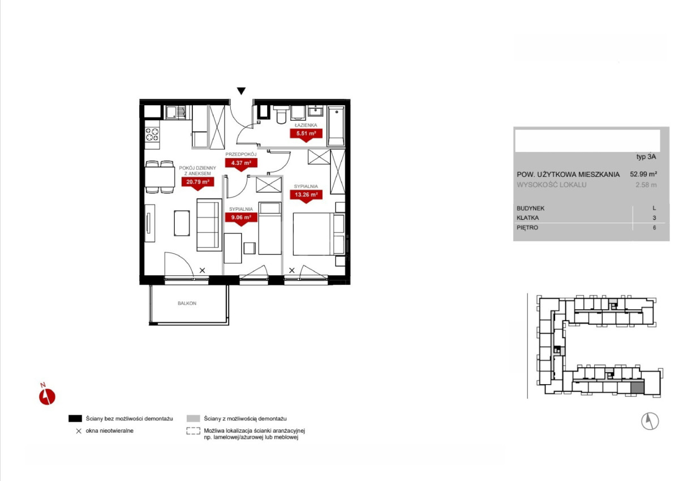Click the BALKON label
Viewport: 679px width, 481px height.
click(x=187, y=303)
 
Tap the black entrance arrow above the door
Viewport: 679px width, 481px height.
click(x=241, y=91)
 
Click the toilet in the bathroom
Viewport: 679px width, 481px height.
click(x=281, y=115)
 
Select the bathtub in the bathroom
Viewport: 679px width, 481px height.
click(x=336, y=126)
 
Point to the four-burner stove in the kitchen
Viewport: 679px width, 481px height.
click(x=152, y=134)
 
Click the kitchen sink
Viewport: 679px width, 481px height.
click(x=175, y=113)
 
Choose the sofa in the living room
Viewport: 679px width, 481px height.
click(x=209, y=225)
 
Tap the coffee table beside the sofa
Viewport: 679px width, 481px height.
click(x=182, y=223)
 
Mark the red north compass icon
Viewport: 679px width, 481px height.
click(x=46, y=395)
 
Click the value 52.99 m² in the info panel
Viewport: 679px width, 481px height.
click(x=643, y=174)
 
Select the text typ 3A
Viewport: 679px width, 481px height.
click(x=646, y=157)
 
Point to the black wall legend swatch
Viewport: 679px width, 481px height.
click(x=75, y=419)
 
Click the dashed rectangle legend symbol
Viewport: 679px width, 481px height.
click(x=194, y=431)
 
